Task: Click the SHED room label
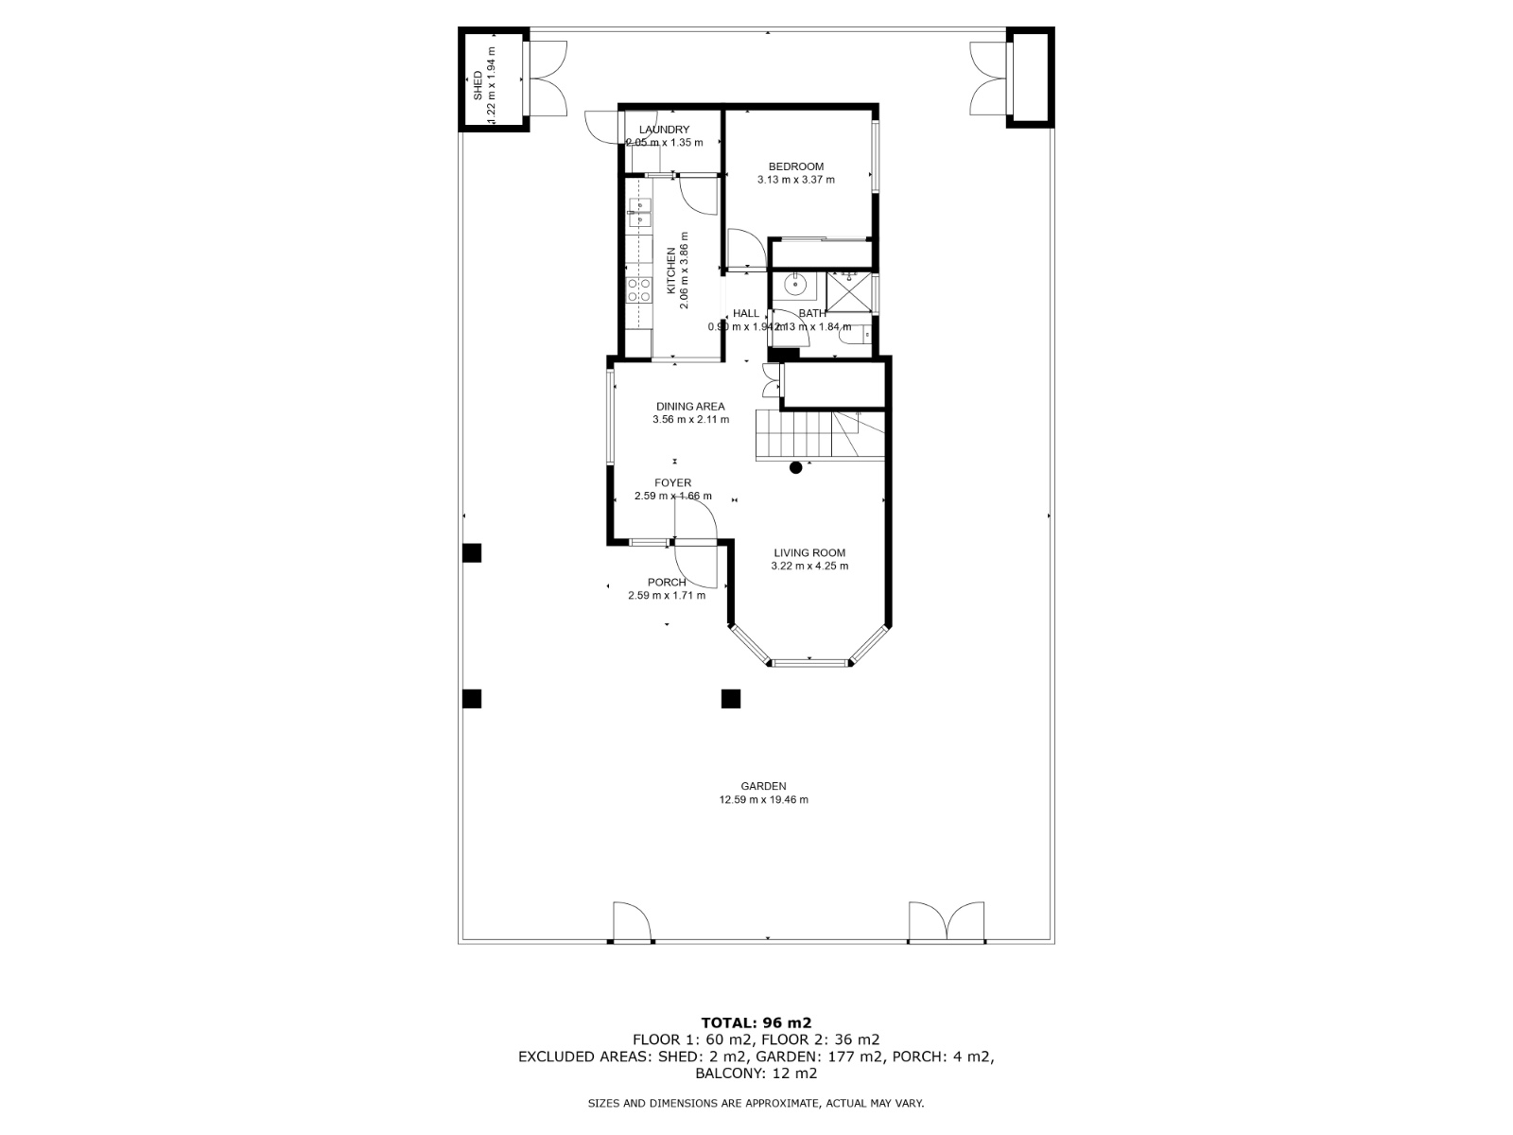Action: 478,86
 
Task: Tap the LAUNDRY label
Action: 664,130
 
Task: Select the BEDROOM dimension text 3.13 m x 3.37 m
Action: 795,180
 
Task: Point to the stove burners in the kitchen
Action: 639,289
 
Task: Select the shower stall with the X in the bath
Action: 848,291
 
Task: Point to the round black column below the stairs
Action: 796,467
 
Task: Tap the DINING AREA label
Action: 690,407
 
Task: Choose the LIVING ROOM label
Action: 809,553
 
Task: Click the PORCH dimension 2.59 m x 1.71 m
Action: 667,596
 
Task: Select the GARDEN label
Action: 763,786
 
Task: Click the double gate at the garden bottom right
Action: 947,924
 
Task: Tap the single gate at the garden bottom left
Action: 632,924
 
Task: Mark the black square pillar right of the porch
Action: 730,699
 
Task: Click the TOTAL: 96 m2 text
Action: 756,1022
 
